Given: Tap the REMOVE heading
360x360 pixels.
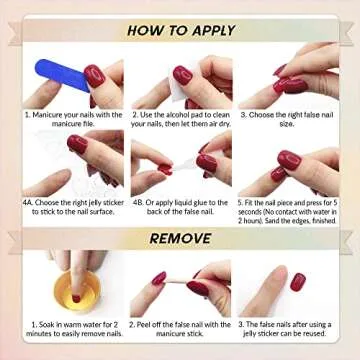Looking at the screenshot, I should pyautogui.click(x=180, y=238).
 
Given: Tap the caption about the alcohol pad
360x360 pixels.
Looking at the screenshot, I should pyautogui.click(x=181, y=119).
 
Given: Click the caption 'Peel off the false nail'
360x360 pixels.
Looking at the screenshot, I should pyautogui.click(x=181, y=330).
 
